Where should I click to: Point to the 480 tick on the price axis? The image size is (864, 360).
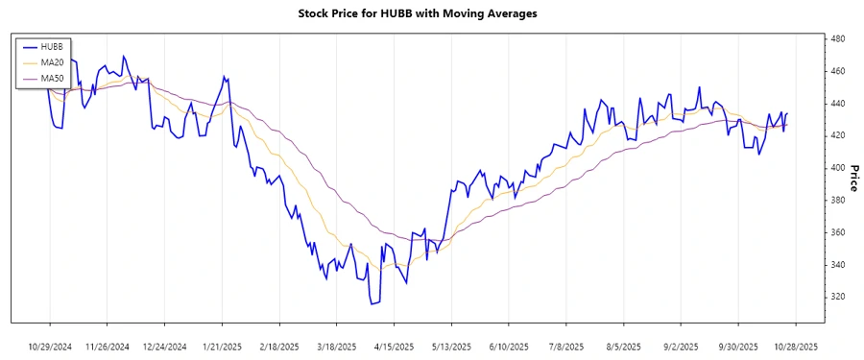837,38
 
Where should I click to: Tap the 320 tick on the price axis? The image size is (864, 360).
837,297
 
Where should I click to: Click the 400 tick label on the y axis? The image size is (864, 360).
837,168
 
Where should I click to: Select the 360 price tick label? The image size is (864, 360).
837,232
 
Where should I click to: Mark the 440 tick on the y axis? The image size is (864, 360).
837,103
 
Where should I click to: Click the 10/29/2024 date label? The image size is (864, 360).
50,346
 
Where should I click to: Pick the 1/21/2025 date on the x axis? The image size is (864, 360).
222,346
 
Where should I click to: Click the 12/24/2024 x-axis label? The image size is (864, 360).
164,346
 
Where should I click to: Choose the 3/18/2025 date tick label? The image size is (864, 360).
336,346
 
